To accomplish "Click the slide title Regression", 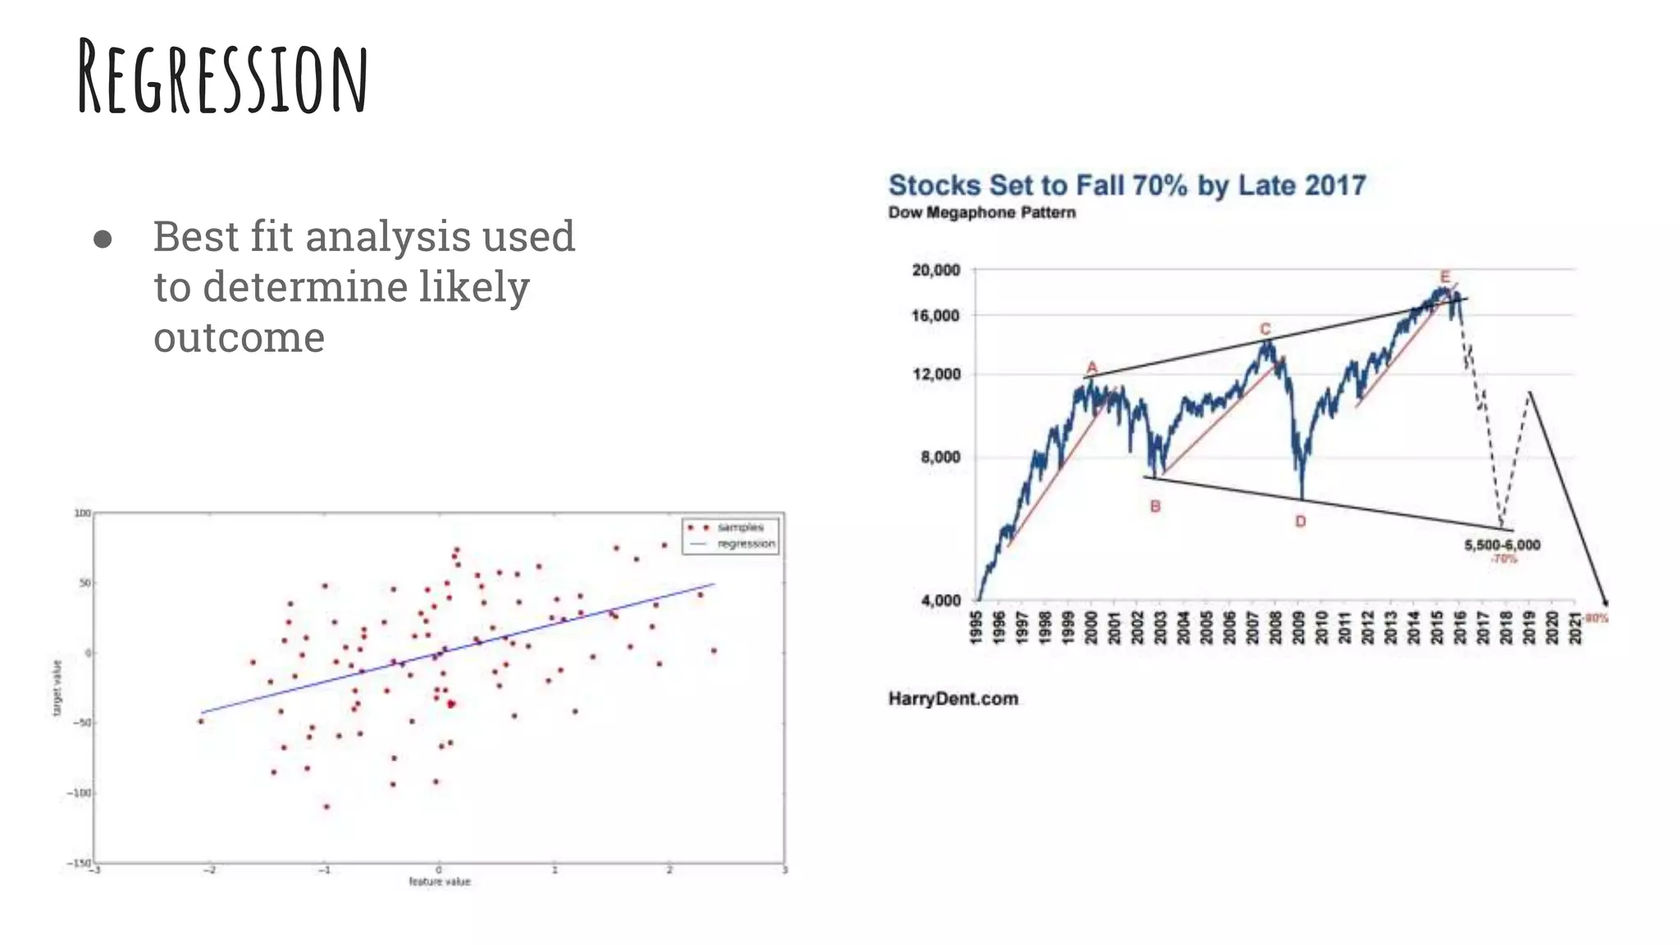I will pyautogui.click(x=223, y=78).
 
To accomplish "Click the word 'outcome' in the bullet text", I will pyautogui.click(x=239, y=337).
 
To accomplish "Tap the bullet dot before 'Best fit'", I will pyautogui.click(x=103, y=239).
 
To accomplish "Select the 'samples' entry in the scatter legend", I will pyautogui.click(x=739, y=527).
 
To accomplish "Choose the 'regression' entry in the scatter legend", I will pyautogui.click(x=745, y=544).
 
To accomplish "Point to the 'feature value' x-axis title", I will pyautogui.click(x=440, y=882).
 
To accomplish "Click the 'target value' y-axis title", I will pyautogui.click(x=57, y=687).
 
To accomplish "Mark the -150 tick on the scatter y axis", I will pyautogui.click(x=80, y=863).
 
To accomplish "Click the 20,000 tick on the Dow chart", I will pyautogui.click(x=936, y=270).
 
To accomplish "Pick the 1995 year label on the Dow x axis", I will pyautogui.click(x=976, y=628).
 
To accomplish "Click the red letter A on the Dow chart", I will pyautogui.click(x=1092, y=367).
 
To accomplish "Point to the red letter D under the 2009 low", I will pyautogui.click(x=1300, y=522).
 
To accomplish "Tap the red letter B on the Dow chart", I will pyautogui.click(x=1155, y=506).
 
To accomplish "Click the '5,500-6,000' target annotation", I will pyautogui.click(x=1502, y=546).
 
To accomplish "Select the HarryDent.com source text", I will pyautogui.click(x=953, y=699).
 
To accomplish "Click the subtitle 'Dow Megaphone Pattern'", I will pyautogui.click(x=982, y=212).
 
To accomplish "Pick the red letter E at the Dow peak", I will pyautogui.click(x=1445, y=277).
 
